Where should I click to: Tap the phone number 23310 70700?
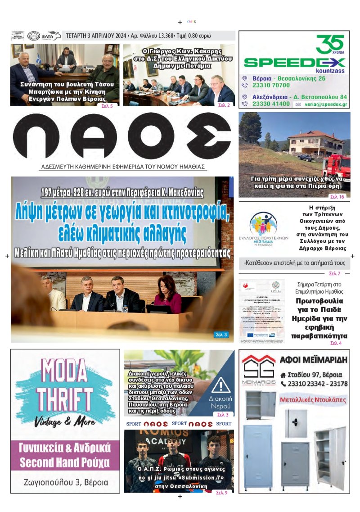click(271, 85)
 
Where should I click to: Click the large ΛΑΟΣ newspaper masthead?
click(121, 136)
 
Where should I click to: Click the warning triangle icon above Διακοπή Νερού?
click(220, 385)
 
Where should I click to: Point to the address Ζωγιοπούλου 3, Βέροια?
click(66, 482)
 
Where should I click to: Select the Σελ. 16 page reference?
click(337, 197)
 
